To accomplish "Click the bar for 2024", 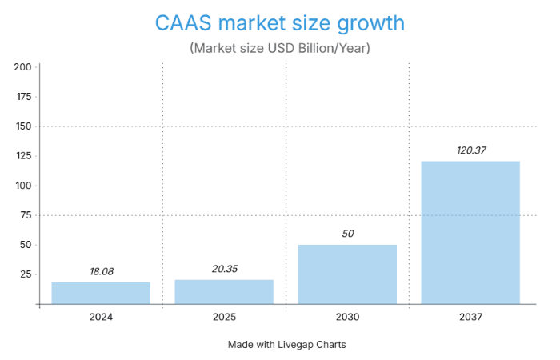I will [101, 293].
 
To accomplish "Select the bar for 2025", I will [224, 291].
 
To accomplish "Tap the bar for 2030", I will [347, 274].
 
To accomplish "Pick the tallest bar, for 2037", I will [470, 232].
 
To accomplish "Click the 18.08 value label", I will [101, 271].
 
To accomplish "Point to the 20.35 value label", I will [224, 269].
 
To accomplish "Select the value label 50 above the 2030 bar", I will [347, 234].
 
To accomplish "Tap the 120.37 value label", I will [470, 150].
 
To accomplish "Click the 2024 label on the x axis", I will [101, 317].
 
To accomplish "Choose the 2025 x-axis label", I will [224, 317].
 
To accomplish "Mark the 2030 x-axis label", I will [347, 317].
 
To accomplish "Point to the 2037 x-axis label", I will [470, 317].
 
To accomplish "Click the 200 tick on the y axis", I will [22, 67].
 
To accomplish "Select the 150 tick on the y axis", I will [22, 126].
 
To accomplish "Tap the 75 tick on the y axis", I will [25, 215].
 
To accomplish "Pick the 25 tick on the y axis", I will [25, 274].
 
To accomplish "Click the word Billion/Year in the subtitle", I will [335, 49].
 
